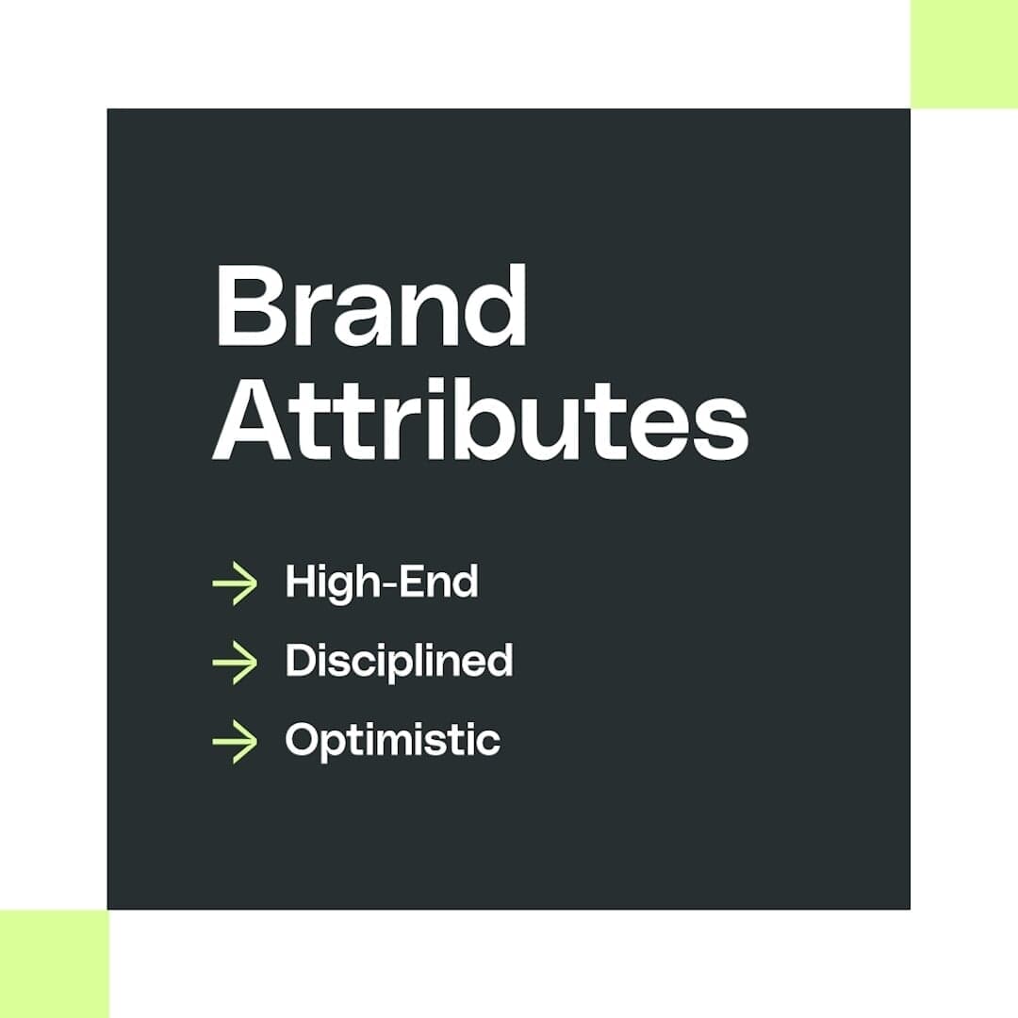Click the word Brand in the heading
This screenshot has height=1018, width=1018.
pos(370,306)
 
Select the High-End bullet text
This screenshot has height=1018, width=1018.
pos(382,583)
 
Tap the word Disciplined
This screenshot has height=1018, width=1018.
pos(399,661)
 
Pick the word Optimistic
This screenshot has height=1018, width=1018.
pos(392,740)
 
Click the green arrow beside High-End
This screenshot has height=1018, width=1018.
pos(235,583)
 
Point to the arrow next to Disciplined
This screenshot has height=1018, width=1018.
pos(235,662)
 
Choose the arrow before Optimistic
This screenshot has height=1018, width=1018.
pos(235,740)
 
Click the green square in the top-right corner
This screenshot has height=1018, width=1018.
pos(964,54)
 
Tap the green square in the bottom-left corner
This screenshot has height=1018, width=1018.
pos(54,963)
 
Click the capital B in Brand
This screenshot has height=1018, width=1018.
pos(251,306)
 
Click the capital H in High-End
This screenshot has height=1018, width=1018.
pos(303,582)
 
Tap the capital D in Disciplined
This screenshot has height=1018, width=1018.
pos(302,660)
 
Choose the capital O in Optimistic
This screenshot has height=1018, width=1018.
pos(304,739)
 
